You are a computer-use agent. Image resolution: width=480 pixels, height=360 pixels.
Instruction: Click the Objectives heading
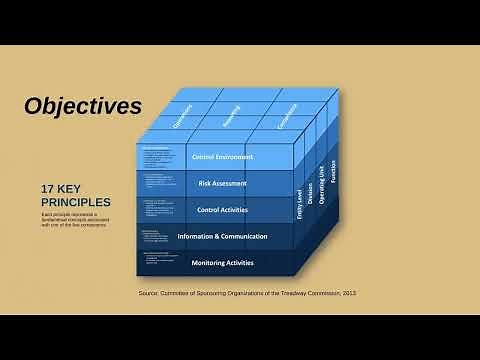(x=83, y=106)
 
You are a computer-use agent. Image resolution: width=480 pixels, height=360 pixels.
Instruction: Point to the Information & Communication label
(x=222, y=236)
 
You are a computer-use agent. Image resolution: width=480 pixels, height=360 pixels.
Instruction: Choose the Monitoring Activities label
(x=222, y=262)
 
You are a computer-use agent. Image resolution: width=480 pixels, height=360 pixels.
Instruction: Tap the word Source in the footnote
(x=151, y=292)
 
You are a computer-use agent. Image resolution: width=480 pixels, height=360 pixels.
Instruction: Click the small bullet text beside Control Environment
(x=158, y=157)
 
